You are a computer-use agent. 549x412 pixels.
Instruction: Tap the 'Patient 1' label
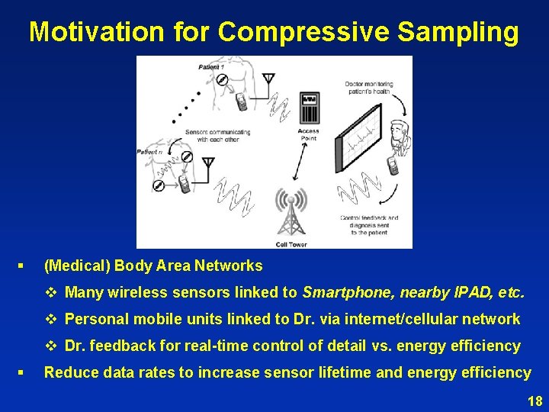coord(211,67)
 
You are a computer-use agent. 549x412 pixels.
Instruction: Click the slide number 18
coord(535,401)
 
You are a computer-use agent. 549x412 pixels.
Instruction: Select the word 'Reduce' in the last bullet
coord(69,372)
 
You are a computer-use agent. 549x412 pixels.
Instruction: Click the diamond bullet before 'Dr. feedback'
coord(52,346)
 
